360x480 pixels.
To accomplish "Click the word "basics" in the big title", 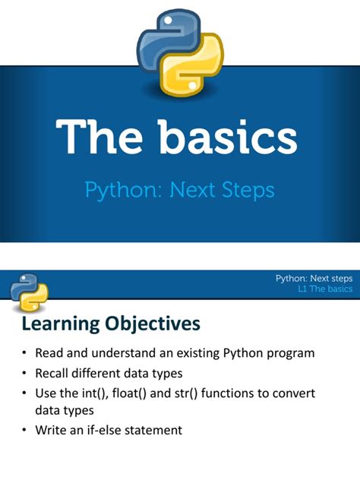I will [227, 140].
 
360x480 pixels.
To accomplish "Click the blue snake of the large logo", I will [164, 34].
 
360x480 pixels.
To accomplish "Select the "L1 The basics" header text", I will [326, 289].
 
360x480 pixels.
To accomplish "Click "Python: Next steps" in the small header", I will [314, 279].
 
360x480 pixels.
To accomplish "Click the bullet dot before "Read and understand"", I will [24, 355].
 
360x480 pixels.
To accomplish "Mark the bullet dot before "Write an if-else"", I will [24, 430].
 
